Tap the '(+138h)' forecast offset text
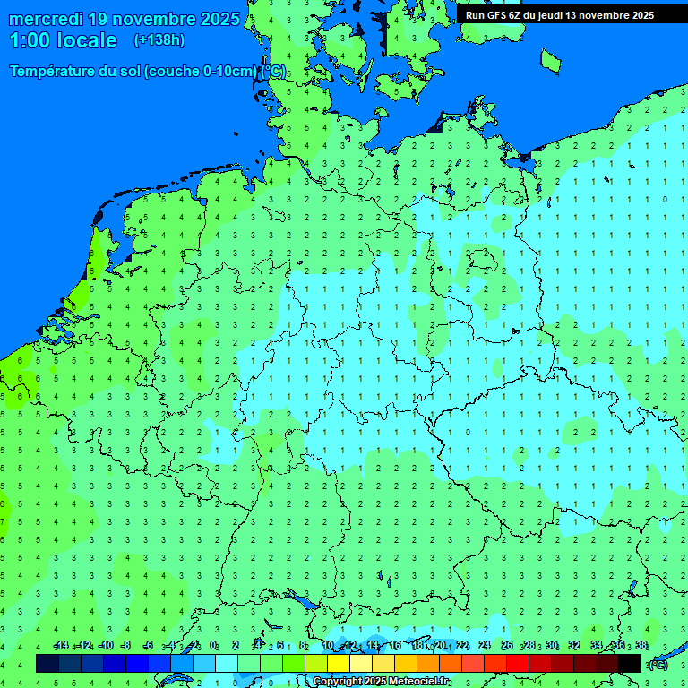point(159,40)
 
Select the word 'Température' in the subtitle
point(52,72)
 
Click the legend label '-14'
point(61,646)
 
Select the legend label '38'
point(641,646)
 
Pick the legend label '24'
point(485,646)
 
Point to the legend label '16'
point(395,646)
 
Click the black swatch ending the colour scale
point(630,663)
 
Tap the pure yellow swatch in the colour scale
point(339,663)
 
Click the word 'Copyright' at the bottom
point(337,682)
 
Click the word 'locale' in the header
point(88,40)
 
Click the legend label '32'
point(574,646)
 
